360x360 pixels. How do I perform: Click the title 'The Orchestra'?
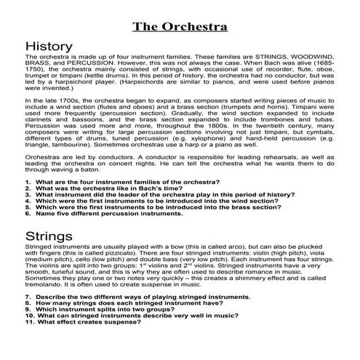pos(180,27)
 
